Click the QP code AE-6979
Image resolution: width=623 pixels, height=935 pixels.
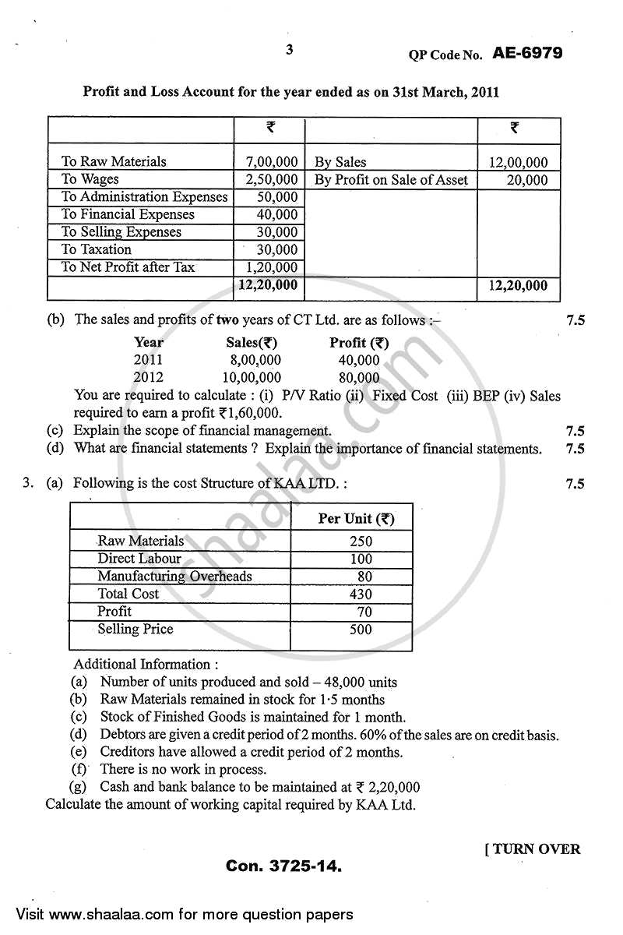(527, 53)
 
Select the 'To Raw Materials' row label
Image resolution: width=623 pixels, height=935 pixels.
(114, 162)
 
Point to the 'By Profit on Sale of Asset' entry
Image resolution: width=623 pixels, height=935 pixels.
(391, 180)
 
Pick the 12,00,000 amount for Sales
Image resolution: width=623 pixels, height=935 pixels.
(519, 163)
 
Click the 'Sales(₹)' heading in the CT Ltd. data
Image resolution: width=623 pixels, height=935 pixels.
(252, 342)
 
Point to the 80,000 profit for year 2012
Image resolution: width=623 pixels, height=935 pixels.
(359, 377)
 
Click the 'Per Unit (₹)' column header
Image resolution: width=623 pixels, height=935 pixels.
(356, 519)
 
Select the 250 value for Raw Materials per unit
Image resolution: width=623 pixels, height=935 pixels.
(361, 541)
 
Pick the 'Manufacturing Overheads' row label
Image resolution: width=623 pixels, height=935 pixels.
(174, 577)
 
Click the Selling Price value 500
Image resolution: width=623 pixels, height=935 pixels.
(361, 630)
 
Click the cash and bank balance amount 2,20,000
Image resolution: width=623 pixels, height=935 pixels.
(389, 788)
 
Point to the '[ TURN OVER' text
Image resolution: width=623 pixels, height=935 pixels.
(532, 849)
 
